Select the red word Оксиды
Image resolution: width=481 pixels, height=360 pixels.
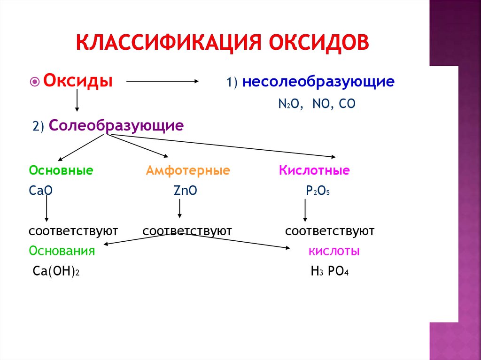[x=78, y=80]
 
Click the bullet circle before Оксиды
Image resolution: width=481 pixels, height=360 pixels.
[x=35, y=81]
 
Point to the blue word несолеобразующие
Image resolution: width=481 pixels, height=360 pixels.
[x=318, y=82]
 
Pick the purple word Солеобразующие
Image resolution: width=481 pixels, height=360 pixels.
[x=116, y=125]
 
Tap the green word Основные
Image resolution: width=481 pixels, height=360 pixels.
[x=61, y=170]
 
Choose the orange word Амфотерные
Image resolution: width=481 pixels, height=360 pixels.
[x=188, y=170]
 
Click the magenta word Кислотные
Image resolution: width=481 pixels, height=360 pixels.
[x=314, y=170]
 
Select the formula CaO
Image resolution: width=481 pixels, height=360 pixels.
[x=40, y=191]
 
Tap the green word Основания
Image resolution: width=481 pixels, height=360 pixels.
[x=62, y=251]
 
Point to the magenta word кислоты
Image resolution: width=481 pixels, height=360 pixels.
[x=334, y=251]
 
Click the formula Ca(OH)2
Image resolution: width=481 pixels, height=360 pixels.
[x=55, y=272]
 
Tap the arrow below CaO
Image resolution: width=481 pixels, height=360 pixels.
[x=47, y=209]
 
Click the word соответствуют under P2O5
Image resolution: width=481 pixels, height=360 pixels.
[x=330, y=231]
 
